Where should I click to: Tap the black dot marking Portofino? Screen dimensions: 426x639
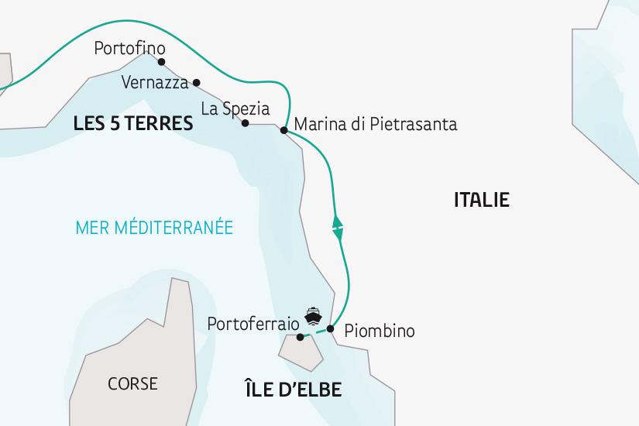(161, 62)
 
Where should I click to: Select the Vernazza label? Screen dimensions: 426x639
(155, 81)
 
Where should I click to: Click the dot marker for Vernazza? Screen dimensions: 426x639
(197, 82)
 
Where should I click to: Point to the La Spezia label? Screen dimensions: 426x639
(235, 108)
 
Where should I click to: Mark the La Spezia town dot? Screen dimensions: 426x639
(245, 123)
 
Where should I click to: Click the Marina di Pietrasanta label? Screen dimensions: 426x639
(376, 124)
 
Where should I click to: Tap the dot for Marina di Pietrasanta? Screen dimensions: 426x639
(283, 131)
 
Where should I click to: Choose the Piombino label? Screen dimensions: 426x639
(379, 331)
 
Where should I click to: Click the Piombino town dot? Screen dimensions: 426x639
(331, 329)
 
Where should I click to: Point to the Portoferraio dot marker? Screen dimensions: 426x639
(301, 337)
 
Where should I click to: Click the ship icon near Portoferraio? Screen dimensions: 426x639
(313, 315)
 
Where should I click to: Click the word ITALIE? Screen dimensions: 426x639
(481, 200)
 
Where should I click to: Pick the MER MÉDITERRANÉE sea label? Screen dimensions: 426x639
(155, 228)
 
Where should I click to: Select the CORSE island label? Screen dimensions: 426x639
(133, 383)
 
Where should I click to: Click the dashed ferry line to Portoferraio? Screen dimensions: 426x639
(316, 333)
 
